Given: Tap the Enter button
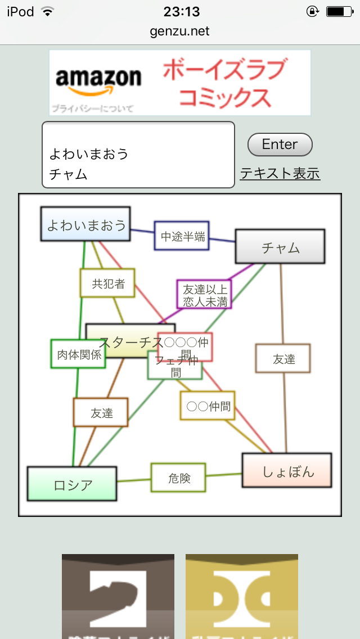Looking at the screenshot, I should pyautogui.click(x=280, y=145).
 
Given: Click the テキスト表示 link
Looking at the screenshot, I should pyautogui.click(x=280, y=174).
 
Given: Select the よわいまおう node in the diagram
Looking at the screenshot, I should pyautogui.click(x=85, y=224).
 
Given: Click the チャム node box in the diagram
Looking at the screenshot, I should pyautogui.click(x=280, y=247).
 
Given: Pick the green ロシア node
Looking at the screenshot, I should pyautogui.click(x=72, y=484).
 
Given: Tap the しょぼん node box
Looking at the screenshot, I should pyautogui.click(x=287, y=471).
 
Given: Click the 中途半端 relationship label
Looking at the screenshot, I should pyautogui.click(x=182, y=236).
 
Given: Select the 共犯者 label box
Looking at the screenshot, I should pyautogui.click(x=108, y=283).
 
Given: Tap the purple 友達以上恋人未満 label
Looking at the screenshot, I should pyautogui.click(x=204, y=295).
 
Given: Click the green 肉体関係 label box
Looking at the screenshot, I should pyautogui.click(x=78, y=354).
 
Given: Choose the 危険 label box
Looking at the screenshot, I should pyautogui.click(x=178, y=478).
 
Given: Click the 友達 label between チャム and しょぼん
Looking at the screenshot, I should pyautogui.click(x=283, y=359).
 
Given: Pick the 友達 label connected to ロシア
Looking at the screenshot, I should pyautogui.click(x=101, y=413).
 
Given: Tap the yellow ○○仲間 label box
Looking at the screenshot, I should pyautogui.click(x=208, y=406).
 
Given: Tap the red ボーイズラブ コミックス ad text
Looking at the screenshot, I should pyautogui.click(x=224, y=83).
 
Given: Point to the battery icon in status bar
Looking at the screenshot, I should pyautogui.click(x=339, y=11).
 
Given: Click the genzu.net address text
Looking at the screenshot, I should pyautogui.click(x=180, y=31).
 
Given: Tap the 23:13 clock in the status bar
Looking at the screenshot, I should pyautogui.click(x=181, y=11).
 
